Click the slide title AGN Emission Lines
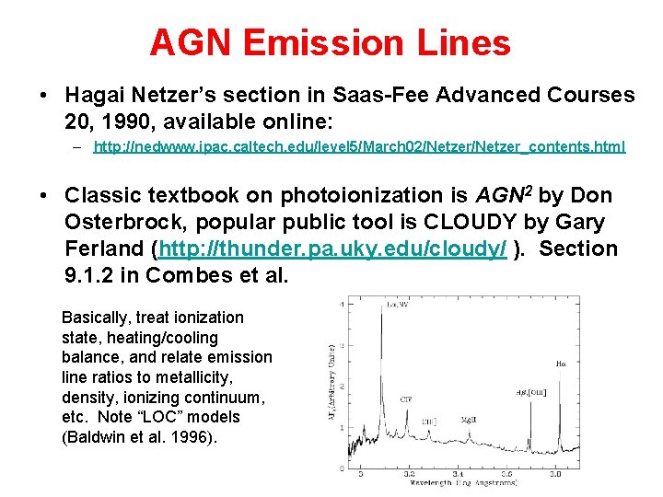pos(330,42)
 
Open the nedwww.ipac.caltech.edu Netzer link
pos(359,146)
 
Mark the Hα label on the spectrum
pos(561,364)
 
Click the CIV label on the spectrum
pos(406,399)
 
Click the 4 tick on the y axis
pos(343,304)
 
